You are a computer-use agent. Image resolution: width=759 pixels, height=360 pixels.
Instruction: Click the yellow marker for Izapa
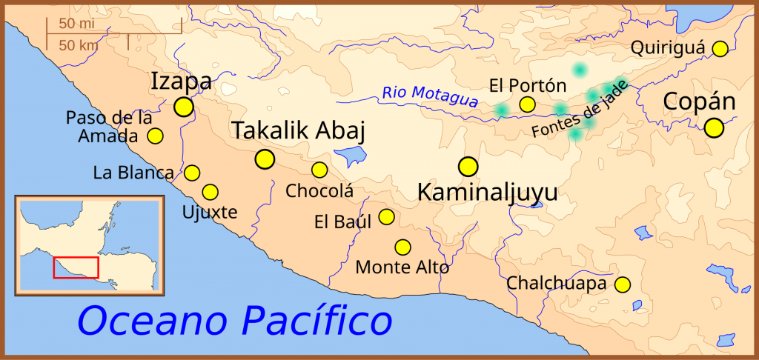click(x=183, y=107)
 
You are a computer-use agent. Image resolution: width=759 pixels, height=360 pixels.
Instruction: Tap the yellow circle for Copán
click(x=714, y=127)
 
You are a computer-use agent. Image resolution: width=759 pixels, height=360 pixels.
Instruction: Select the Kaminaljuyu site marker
click(x=468, y=165)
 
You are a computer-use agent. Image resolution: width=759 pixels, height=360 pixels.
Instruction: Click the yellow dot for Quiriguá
click(x=720, y=49)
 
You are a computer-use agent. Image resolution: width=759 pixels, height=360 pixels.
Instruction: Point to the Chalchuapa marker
click(x=623, y=284)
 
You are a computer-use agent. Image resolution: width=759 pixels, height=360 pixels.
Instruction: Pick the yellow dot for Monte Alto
click(x=402, y=247)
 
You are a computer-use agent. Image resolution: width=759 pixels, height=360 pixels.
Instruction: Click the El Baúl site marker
click(x=386, y=216)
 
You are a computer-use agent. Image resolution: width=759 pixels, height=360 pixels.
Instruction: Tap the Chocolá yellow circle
click(x=319, y=170)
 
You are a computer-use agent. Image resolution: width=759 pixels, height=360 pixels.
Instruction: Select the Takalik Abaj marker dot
click(x=264, y=159)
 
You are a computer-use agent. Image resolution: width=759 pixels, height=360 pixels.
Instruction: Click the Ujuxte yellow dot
click(x=210, y=192)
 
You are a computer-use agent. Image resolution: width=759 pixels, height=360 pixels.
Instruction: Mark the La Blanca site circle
click(x=192, y=173)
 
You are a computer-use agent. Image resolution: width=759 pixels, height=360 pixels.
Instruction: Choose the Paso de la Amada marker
click(x=155, y=136)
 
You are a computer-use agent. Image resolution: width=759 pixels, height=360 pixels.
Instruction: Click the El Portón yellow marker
click(x=527, y=104)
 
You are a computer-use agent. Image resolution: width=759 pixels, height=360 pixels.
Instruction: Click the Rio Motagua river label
click(x=430, y=96)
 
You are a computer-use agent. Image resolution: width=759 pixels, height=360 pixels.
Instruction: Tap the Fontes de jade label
click(x=580, y=108)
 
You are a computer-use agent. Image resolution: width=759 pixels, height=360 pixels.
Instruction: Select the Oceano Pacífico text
click(x=234, y=321)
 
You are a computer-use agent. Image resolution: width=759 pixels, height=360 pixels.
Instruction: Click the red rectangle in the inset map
click(x=76, y=267)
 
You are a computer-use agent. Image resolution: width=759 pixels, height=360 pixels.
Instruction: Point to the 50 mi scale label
click(x=76, y=24)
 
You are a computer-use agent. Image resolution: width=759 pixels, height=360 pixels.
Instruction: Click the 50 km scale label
click(x=78, y=45)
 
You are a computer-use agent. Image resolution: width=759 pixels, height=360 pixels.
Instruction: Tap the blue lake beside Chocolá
click(x=351, y=156)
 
